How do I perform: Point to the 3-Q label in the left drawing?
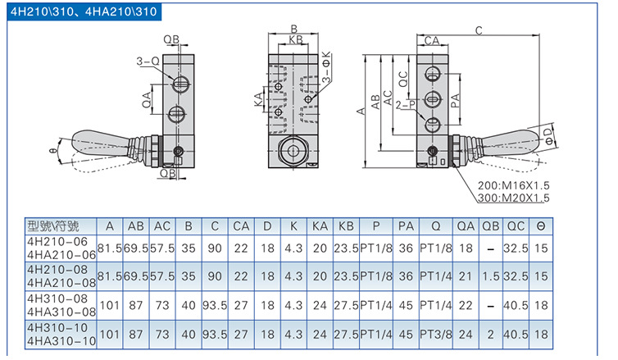[x=148, y=60]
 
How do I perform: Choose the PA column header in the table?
[x=405, y=226]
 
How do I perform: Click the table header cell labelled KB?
[x=346, y=226]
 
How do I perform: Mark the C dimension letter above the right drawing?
[x=478, y=30]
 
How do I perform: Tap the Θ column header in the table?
[x=541, y=226]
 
